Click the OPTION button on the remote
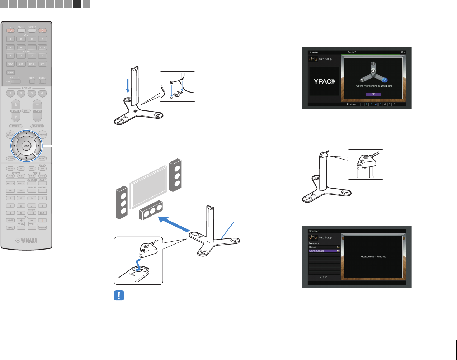43,134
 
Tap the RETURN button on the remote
10,158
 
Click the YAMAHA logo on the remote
26,241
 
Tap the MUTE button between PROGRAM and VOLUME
26,111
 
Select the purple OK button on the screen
373,94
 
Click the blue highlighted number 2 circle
384,80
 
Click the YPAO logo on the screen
324,81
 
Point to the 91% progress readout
403,52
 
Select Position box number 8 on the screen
394,104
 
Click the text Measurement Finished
373,257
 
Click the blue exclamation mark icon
119,295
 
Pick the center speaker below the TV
151,210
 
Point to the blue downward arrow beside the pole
128,85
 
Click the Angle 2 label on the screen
352,52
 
